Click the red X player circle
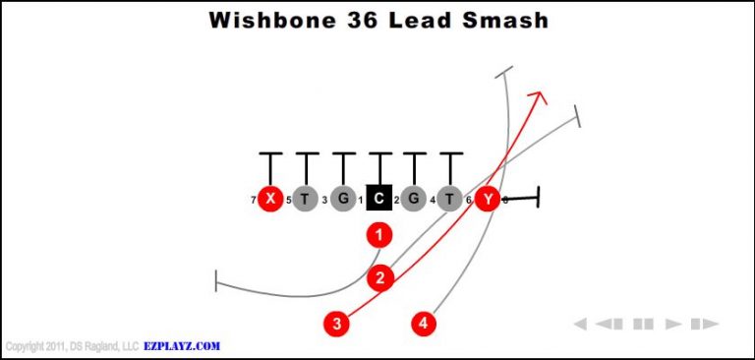269,199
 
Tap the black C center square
379,199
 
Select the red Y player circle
488,199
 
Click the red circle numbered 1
379,235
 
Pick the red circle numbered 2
381,278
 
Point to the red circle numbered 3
337,323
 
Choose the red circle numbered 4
424,323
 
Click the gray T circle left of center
305,199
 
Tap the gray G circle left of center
343,199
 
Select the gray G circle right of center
414,199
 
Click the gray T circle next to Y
450,199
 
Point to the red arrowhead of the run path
539,96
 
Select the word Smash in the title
499,21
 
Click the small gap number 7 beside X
254,201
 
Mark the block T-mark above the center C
379,154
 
